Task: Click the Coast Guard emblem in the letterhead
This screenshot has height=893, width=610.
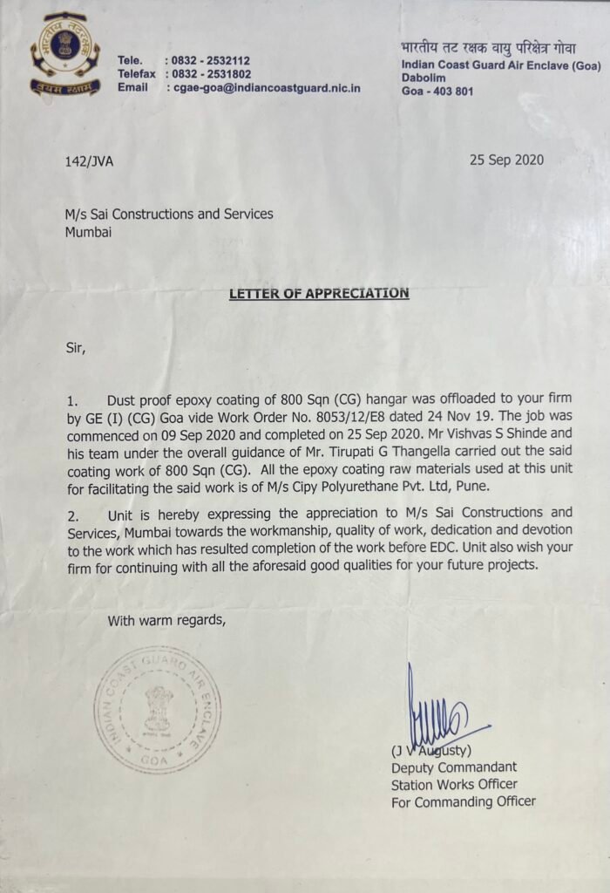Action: coord(64,54)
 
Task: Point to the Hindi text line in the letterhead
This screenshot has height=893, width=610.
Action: coord(488,48)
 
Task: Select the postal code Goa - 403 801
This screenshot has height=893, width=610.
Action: coord(437,91)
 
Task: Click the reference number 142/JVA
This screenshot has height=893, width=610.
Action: coord(89,161)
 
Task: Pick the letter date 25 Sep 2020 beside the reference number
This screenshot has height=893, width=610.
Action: coord(506,160)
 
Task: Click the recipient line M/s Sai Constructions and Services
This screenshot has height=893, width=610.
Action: coord(169,214)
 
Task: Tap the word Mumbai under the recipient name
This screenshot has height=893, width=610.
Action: coord(88,232)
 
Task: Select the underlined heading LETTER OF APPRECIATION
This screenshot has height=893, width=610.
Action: coord(319,293)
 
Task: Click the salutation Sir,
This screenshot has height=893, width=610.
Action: coord(78,347)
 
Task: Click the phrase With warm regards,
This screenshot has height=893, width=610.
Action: coord(166,621)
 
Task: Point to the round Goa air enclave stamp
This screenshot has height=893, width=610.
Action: coord(157,710)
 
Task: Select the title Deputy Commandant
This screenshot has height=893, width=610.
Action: coord(453,767)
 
